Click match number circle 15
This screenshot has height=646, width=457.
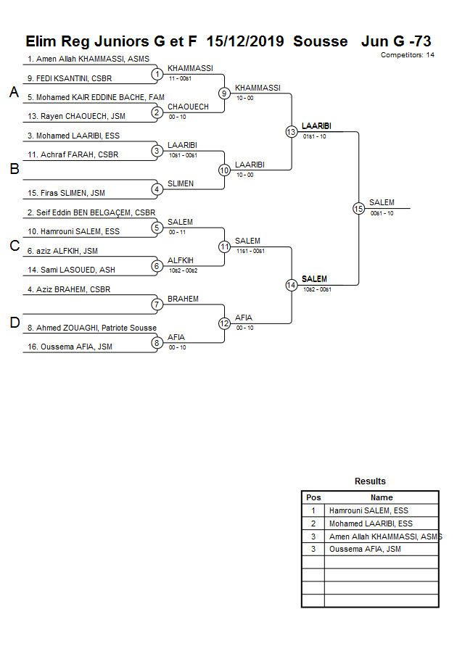point(358,208)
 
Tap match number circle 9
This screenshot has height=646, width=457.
point(224,93)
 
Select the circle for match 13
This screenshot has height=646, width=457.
point(291,131)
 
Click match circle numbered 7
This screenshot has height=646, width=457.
point(157,305)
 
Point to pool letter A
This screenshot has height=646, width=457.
point(14,93)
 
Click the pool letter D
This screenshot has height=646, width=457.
point(14,323)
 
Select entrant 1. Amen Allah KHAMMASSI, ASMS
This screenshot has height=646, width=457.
point(88,59)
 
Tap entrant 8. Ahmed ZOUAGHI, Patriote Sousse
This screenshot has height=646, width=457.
point(91,328)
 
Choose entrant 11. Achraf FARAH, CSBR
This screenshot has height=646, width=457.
point(73,154)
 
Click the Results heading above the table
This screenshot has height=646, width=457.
point(370,481)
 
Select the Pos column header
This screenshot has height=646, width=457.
point(313,497)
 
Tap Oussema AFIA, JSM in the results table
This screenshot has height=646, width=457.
point(365,549)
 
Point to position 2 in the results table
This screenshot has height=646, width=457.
point(313,523)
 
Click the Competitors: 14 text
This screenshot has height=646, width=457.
point(407,55)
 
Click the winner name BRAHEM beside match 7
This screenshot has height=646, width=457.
point(183,299)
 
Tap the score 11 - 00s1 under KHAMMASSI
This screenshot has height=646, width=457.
point(180,78)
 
